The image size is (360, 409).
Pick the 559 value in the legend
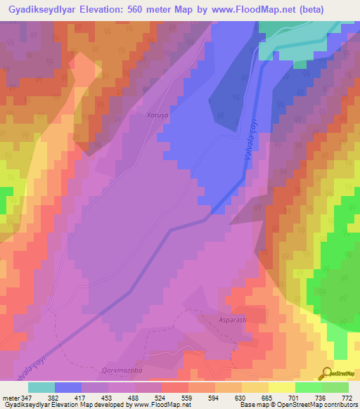(x=188, y=397)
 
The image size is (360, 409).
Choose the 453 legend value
(x=108, y=397)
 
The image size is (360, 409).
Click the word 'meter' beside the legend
(x=9, y=397)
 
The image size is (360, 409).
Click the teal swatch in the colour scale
(x=41, y=387)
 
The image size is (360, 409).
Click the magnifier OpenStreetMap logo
(x=328, y=372)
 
